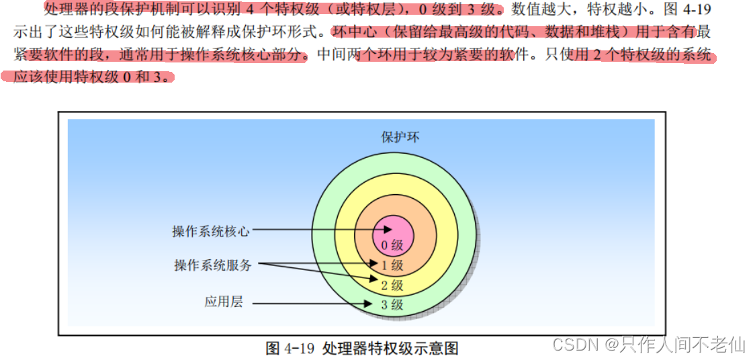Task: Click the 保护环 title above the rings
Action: click(400, 137)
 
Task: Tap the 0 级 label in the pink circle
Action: click(392, 245)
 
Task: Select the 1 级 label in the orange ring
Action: click(392, 265)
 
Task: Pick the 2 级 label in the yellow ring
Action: click(392, 285)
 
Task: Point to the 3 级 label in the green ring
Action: click(392, 305)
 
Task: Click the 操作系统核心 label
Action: click(211, 231)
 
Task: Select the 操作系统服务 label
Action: click(213, 265)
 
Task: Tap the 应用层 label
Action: click(223, 302)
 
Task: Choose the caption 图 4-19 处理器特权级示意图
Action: click(362, 348)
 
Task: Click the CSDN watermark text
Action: click(575, 345)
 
